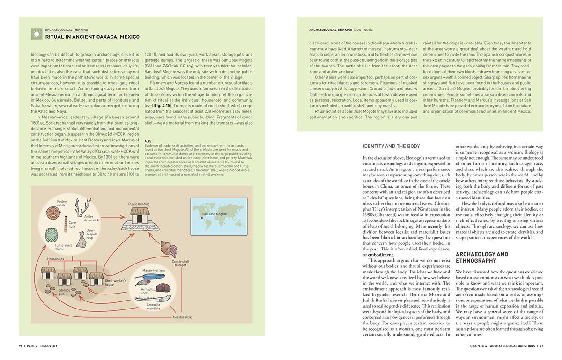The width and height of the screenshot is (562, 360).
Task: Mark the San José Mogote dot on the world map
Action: [202, 217]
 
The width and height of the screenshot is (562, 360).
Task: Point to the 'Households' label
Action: [56, 258]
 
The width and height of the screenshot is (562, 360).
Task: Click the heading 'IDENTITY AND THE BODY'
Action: [391, 146]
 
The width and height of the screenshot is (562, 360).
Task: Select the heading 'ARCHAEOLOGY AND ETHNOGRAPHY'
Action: [482, 257]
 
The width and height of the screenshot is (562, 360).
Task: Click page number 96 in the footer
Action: [21, 346]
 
